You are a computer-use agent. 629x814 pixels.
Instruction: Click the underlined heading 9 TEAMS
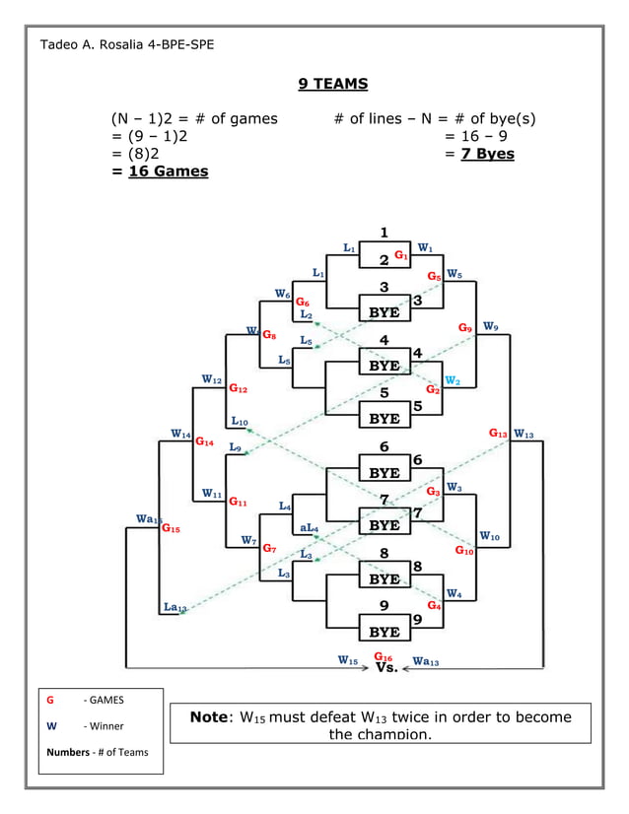click(332, 84)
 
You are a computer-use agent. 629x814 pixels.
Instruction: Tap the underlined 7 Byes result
click(488, 154)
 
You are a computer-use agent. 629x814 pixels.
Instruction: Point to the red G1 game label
click(401, 255)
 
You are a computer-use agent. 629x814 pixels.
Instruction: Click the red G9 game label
click(464, 327)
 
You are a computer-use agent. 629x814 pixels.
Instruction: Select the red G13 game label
click(498, 433)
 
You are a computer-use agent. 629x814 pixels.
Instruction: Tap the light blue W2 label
click(452, 379)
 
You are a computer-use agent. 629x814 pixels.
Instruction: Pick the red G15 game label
click(171, 528)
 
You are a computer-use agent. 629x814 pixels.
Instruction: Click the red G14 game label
click(204, 442)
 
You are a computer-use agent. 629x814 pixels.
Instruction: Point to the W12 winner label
click(211, 378)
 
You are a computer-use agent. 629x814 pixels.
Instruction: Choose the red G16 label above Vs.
click(383, 656)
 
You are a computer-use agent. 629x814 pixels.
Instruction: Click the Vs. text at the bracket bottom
click(386, 668)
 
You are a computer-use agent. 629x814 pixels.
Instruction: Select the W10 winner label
click(489, 536)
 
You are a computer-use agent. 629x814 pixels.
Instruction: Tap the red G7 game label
click(268, 548)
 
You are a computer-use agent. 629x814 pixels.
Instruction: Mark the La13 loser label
click(175, 609)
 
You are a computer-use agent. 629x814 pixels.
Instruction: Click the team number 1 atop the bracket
click(384, 233)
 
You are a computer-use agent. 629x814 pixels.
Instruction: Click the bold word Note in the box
click(208, 716)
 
